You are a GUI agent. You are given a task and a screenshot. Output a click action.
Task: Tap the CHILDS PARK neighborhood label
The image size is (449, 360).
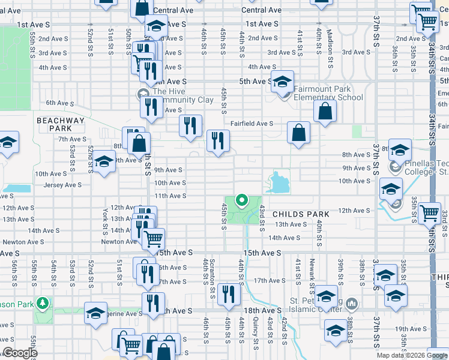301,214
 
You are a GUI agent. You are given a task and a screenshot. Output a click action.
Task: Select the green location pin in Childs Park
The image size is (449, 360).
242,200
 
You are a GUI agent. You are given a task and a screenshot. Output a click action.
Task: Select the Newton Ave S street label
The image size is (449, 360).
119,242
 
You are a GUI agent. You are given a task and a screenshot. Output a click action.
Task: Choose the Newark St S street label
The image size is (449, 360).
312,271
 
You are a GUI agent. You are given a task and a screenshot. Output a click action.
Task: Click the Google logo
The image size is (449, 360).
19,353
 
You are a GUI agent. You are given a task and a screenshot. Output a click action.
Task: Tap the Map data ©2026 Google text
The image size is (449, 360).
412,355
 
